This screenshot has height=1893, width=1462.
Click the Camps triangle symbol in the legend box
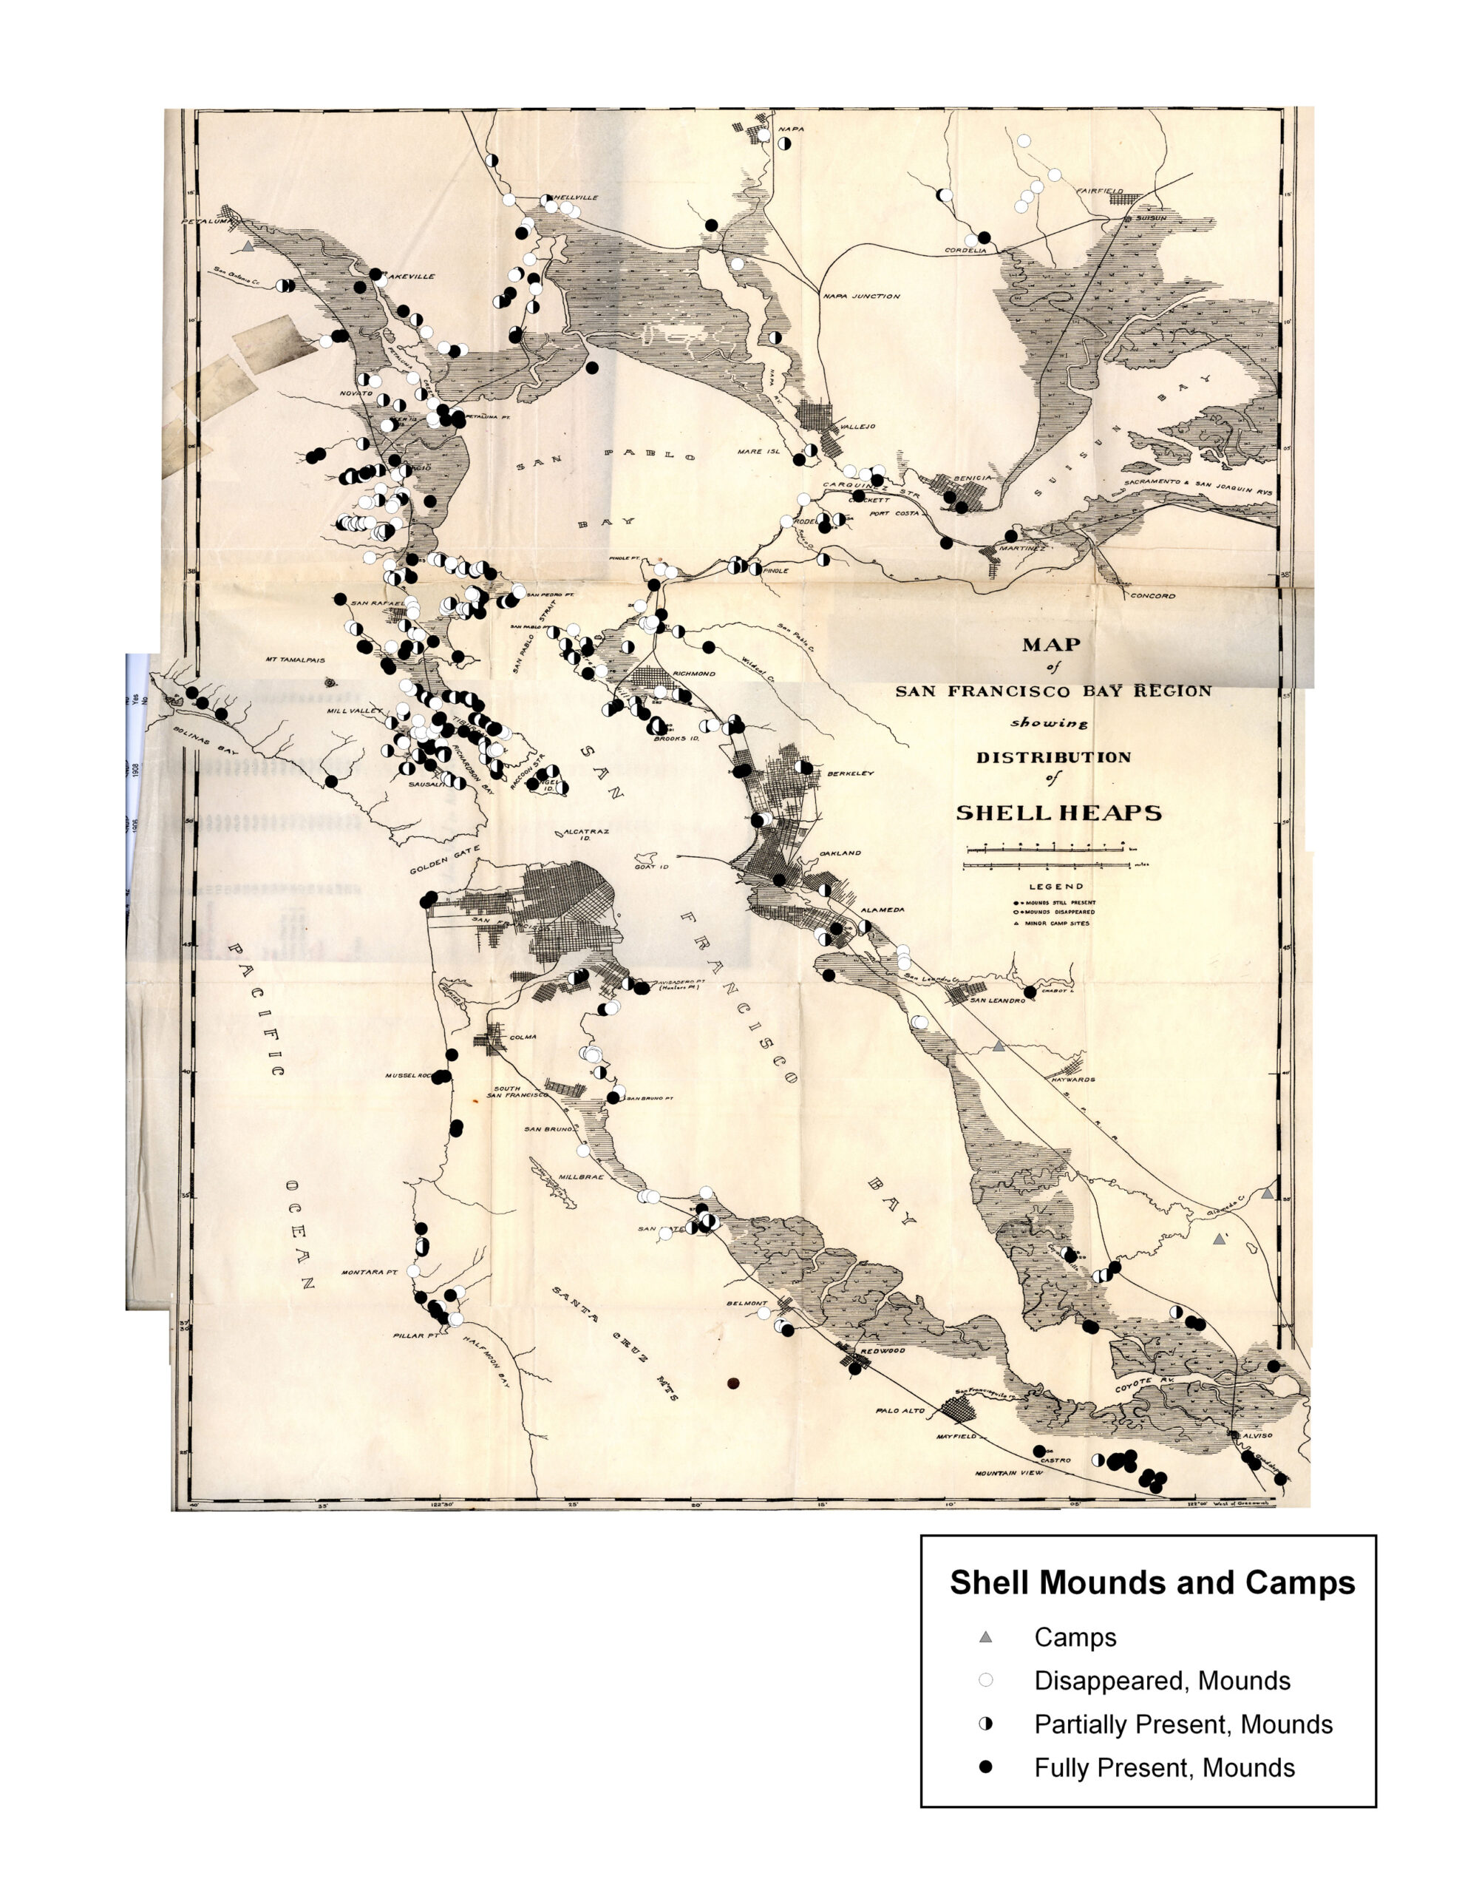point(985,1637)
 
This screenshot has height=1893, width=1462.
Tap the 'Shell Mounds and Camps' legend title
point(1152,1582)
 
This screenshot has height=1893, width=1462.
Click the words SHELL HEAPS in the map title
point(1058,813)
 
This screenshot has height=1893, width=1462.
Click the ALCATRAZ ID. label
point(586,834)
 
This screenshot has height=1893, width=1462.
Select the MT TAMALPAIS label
point(296,660)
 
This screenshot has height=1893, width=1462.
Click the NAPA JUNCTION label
point(861,297)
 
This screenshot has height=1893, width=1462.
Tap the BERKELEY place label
point(850,773)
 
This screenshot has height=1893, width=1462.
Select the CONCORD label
point(1152,595)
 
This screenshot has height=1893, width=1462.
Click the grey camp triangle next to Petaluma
point(248,246)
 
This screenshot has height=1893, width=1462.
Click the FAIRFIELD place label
point(1100,191)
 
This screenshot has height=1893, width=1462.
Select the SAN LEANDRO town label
point(996,1000)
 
